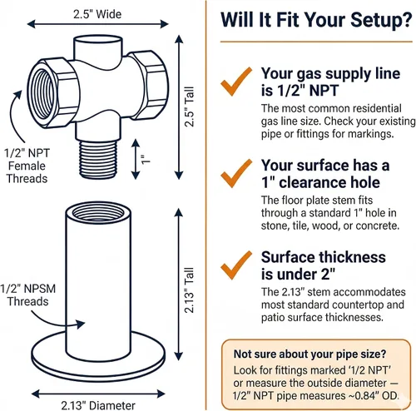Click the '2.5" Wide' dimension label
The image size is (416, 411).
[97, 14]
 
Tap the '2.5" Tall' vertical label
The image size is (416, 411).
[190, 106]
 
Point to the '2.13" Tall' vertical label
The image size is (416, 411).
[190, 290]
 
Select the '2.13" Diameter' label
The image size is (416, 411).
[98, 405]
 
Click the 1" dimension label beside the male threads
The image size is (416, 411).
[146, 159]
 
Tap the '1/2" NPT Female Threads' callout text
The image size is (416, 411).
[27, 166]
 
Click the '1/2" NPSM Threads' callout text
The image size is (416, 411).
[27, 295]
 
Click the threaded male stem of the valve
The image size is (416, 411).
[98, 159]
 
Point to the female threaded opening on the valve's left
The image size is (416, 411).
[42, 94]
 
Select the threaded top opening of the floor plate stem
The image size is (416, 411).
[98, 213]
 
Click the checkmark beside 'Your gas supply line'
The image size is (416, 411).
[236, 82]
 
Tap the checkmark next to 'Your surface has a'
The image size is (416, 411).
[236, 173]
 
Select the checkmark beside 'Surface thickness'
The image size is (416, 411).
[236, 265]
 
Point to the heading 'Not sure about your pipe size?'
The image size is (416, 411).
[310, 354]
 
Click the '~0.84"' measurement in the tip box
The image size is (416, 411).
[364, 396]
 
